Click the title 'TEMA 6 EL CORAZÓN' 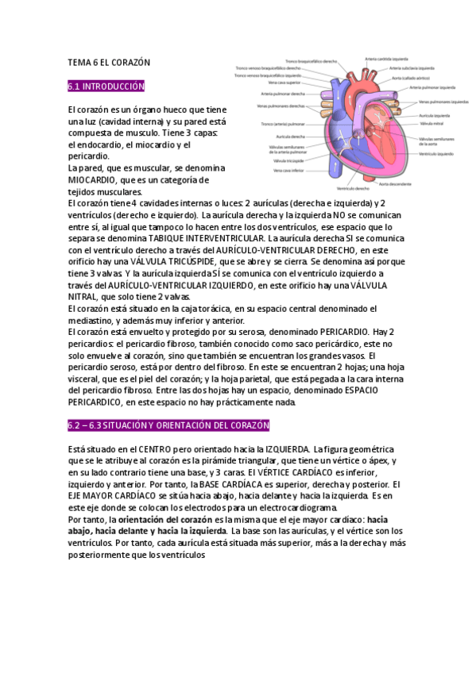(x=109, y=61)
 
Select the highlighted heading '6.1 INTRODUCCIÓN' (x=106, y=85)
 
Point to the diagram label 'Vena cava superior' (x=285, y=82)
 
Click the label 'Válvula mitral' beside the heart (x=431, y=124)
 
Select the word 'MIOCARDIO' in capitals (x=95, y=179)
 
